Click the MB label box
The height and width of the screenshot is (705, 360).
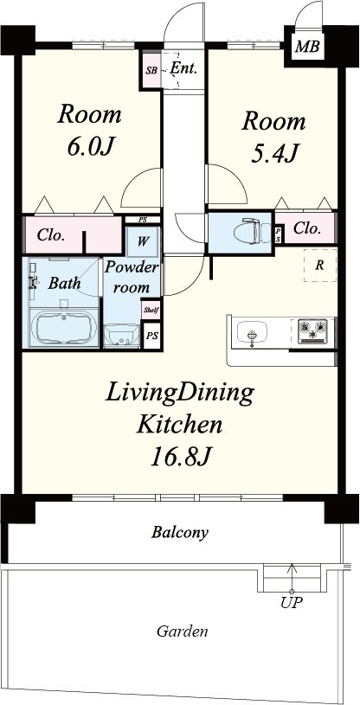click(305, 47)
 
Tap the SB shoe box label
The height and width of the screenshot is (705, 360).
click(151, 69)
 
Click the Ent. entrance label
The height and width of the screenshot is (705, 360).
click(183, 67)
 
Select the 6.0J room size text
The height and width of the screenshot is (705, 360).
click(89, 148)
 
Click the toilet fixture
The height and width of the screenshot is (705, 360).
click(244, 231)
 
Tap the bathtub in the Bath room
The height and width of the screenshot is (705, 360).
click(62, 329)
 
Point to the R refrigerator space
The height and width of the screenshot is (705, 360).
click(318, 266)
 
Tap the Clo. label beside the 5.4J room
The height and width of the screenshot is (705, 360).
click(306, 228)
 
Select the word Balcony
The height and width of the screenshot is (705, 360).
click(181, 532)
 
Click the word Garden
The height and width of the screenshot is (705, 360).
click(182, 631)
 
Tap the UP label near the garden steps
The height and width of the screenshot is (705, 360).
click(291, 602)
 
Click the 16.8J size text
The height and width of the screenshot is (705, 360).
click(180, 455)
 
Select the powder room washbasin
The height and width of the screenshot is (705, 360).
click(121, 333)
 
